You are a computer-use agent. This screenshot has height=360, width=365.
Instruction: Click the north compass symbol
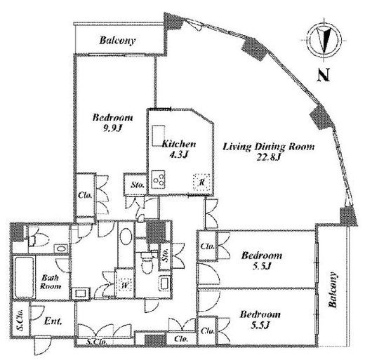324,40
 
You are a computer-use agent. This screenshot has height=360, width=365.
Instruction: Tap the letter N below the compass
324,75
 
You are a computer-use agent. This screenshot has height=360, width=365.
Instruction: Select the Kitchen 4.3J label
179,149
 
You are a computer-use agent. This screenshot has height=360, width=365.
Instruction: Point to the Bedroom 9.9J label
113,122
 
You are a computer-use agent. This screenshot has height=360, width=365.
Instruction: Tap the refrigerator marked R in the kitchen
201,182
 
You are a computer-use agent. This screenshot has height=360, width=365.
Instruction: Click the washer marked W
126,286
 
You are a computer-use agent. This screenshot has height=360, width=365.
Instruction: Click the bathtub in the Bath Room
23,278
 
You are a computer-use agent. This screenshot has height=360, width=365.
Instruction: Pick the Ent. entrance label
53,321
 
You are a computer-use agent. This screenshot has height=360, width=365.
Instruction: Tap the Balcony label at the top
117,40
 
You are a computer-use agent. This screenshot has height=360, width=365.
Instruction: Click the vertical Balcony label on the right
333,290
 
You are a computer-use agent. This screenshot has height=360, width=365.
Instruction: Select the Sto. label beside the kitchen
138,185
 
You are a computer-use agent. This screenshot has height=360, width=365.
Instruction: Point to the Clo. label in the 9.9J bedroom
85,195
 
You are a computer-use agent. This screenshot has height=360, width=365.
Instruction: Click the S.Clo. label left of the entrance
20,324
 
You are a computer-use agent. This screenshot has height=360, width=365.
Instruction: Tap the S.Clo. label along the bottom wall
97,342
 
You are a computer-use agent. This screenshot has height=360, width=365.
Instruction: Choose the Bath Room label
51,282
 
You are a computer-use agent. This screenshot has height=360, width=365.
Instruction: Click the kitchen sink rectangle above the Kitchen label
159,135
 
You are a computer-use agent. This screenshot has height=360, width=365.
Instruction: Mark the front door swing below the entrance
42,346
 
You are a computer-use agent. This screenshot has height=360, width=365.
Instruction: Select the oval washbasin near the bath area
126,236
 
